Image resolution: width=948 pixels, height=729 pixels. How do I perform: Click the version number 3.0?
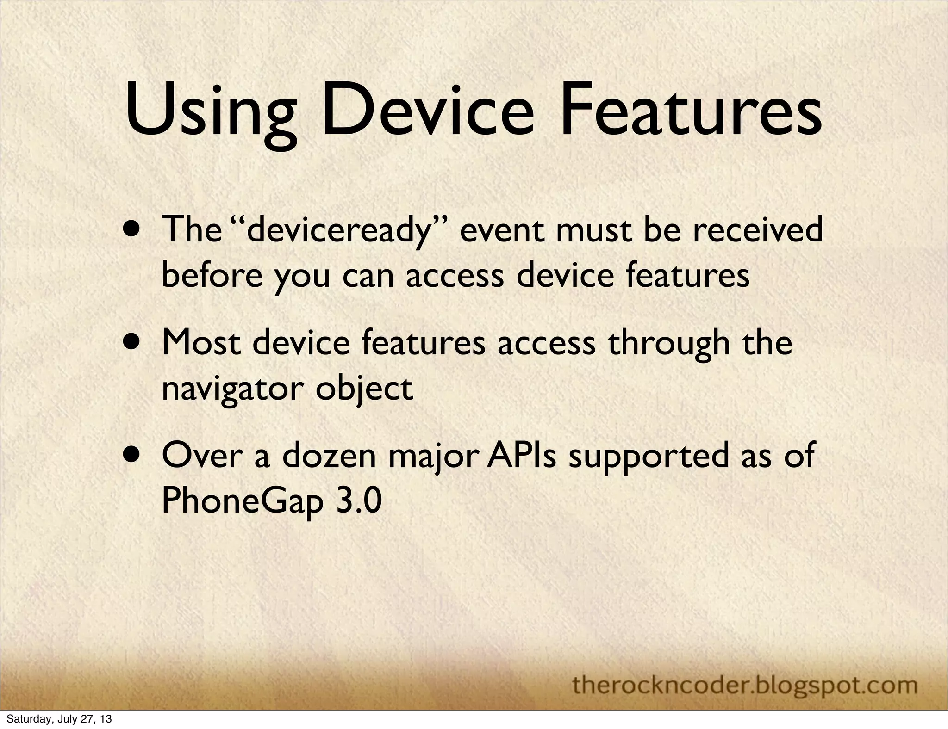tap(359, 501)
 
